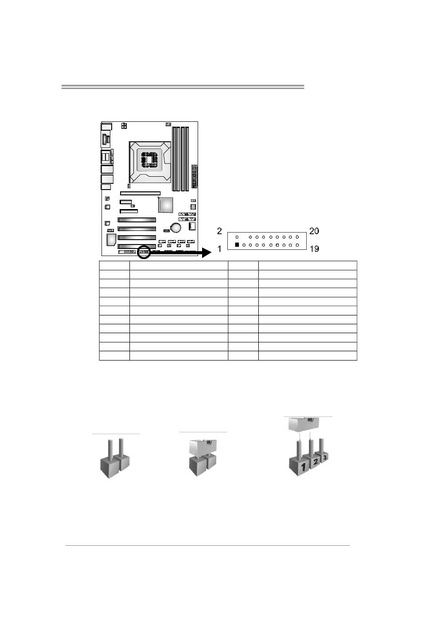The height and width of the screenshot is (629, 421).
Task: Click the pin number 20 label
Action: tap(314, 231)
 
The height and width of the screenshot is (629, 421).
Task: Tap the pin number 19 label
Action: tap(314, 249)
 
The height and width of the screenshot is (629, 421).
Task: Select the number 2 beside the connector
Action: tap(219, 231)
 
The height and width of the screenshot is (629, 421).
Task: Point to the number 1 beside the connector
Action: tap(219, 249)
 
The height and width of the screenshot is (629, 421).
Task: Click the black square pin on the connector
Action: tap(237, 245)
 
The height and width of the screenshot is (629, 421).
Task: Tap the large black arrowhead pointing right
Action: tap(207, 253)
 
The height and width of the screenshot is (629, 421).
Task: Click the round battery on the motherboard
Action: tap(176, 227)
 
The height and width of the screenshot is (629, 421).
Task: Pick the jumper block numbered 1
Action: tap(299, 466)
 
